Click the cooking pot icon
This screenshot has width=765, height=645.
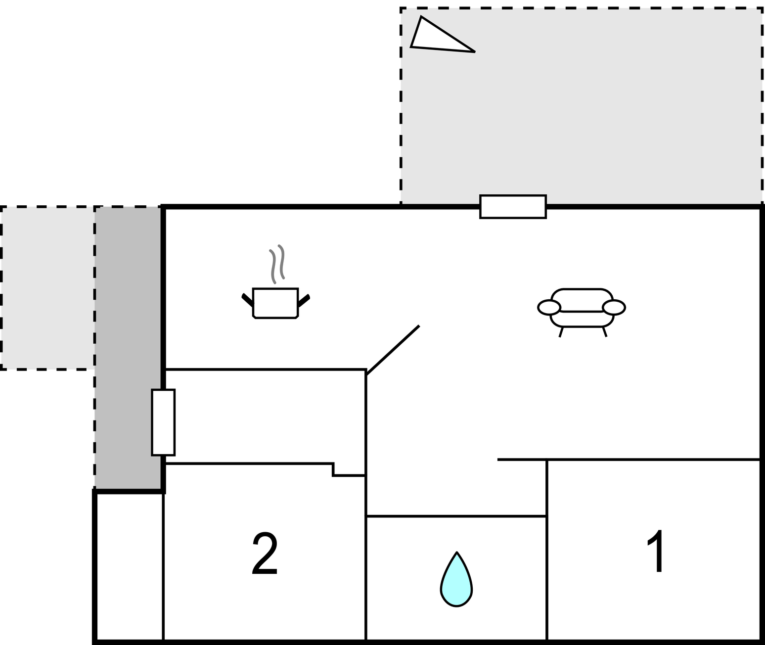tap(275, 302)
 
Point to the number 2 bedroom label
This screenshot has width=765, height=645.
tap(265, 553)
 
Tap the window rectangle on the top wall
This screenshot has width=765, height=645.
tap(513, 207)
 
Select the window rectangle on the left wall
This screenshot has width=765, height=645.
tap(163, 422)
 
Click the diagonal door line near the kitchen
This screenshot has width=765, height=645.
tap(393, 350)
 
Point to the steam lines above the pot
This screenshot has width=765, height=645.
tap(276, 264)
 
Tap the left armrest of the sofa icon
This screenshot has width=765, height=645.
tap(549, 307)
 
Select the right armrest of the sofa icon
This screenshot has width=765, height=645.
tap(614, 307)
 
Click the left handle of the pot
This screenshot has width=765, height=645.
tap(247, 300)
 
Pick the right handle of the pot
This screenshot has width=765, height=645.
tap(304, 300)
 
